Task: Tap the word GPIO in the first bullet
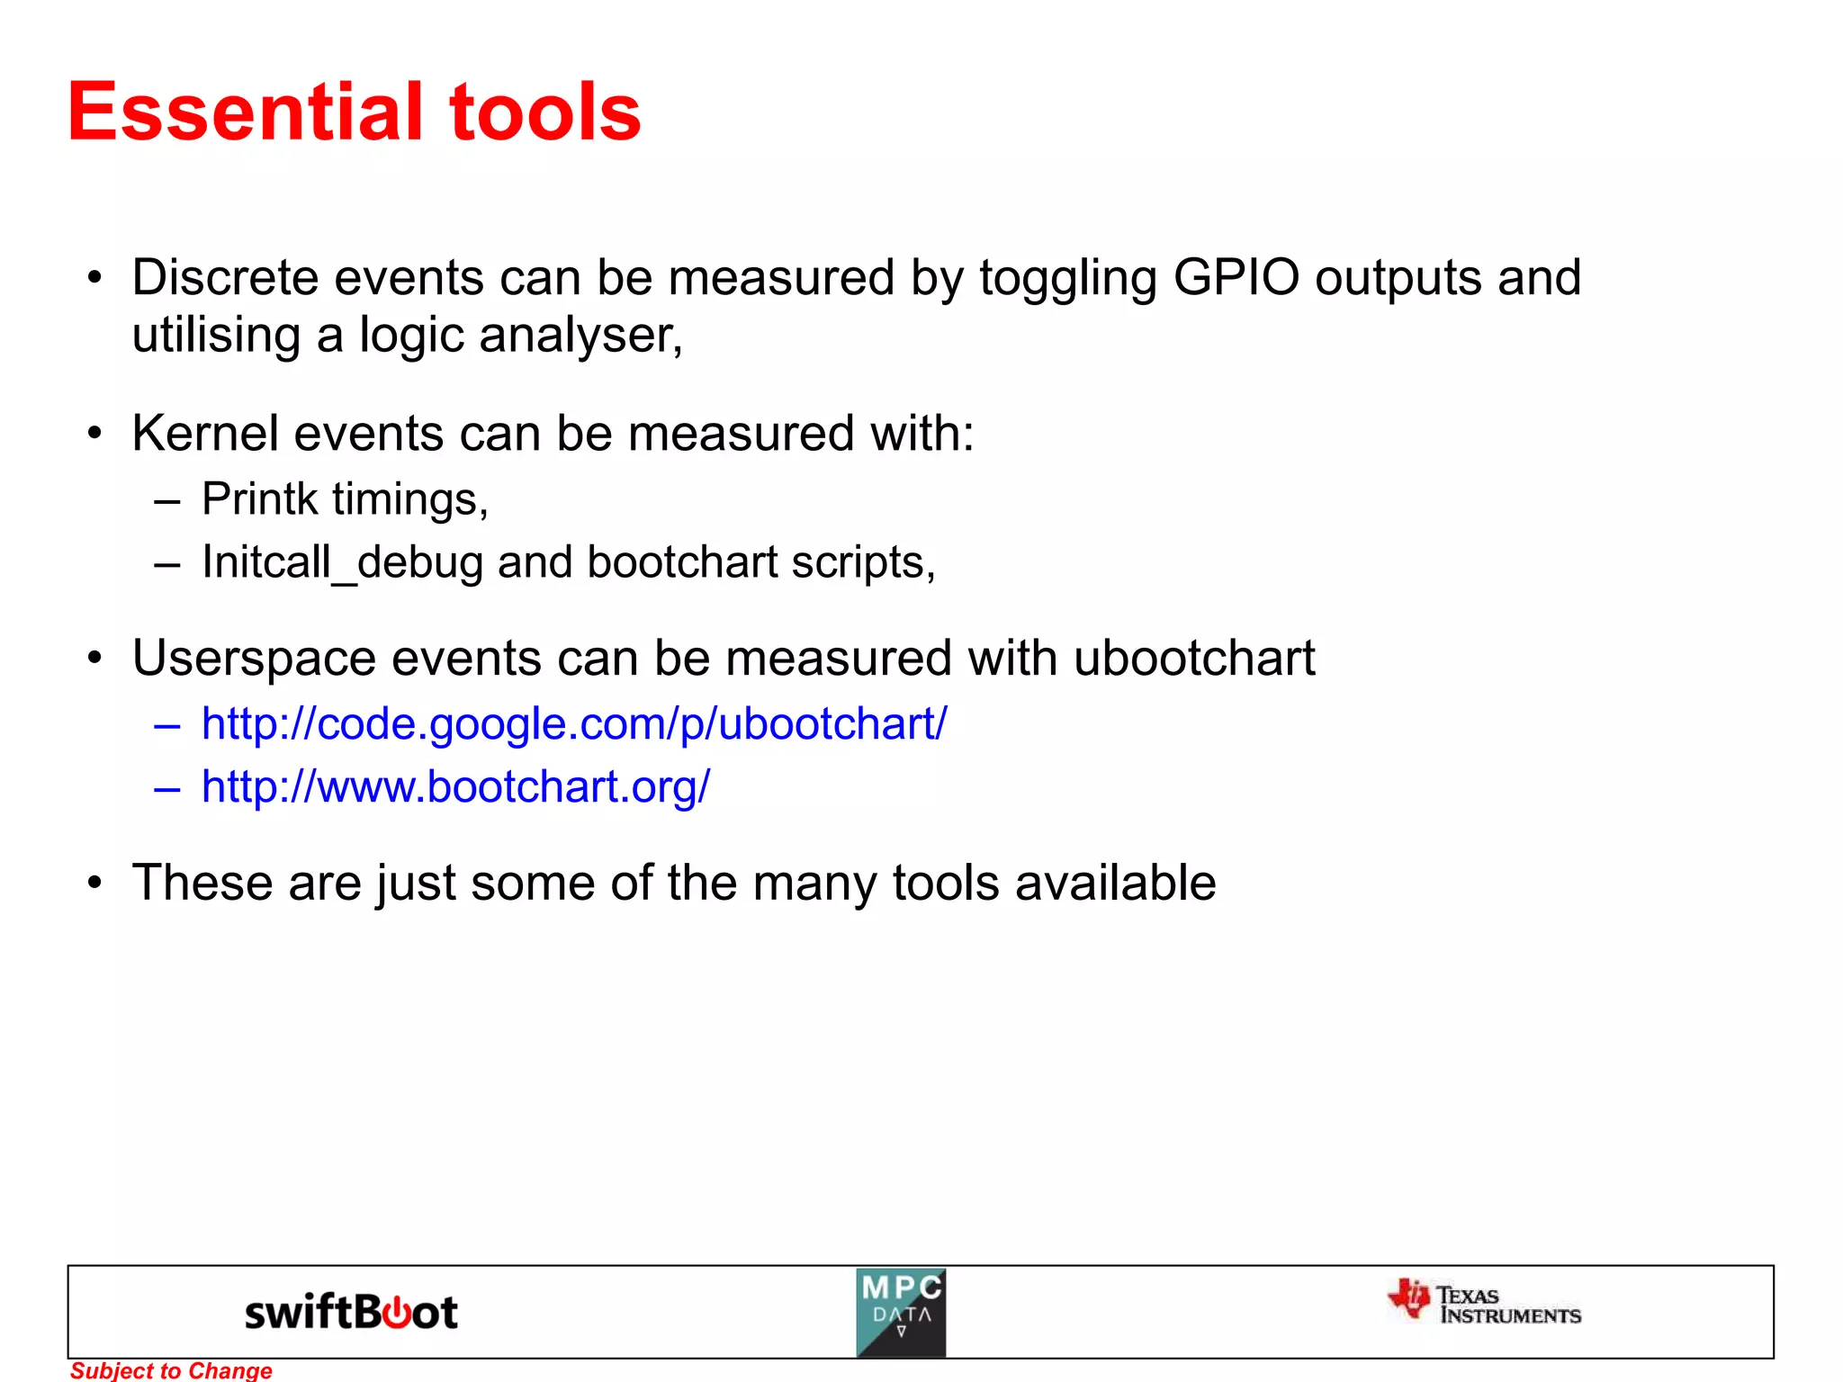tap(1236, 277)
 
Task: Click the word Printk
tap(259, 498)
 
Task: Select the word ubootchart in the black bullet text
tap(1194, 658)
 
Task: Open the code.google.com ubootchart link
tap(574, 723)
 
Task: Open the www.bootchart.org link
tap(455, 786)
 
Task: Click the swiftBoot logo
tap(351, 1312)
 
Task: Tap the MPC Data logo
tap(901, 1313)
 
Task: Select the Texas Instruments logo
tap(1485, 1304)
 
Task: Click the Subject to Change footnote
tap(171, 1370)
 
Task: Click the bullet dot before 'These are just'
tap(95, 884)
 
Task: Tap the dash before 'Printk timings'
tap(167, 500)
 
